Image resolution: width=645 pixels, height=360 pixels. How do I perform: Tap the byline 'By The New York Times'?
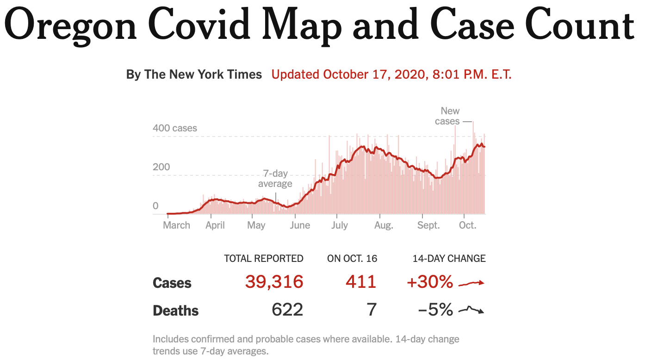[194, 74]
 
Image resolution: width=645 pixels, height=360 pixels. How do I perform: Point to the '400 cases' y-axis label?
[175, 128]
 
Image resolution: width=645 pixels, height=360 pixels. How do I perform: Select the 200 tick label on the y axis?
[161, 167]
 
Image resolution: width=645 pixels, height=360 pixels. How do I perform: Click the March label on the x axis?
[176, 225]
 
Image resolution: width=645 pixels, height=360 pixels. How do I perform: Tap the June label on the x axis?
[300, 225]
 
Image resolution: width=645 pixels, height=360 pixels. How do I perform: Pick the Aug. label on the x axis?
[384, 225]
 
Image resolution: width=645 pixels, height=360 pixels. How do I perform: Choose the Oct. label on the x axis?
[467, 225]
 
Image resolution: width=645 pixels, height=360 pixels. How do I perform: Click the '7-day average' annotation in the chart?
[275, 179]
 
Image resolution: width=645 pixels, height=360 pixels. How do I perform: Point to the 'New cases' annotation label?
[447, 116]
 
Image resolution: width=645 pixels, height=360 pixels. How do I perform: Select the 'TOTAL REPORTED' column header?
[264, 259]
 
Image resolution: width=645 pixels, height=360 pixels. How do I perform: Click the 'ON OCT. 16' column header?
[352, 259]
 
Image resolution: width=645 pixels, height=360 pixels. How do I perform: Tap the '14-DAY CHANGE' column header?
[449, 259]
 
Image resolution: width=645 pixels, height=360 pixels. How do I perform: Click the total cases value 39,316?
[274, 282]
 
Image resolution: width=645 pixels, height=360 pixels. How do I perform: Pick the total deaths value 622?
[287, 310]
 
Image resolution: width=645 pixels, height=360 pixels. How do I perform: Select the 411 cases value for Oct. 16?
[361, 282]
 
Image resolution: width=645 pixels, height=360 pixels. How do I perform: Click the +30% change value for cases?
[430, 282]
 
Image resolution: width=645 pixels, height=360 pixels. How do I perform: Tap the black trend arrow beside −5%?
[471, 310]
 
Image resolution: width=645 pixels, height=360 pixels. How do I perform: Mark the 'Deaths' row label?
[175, 310]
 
